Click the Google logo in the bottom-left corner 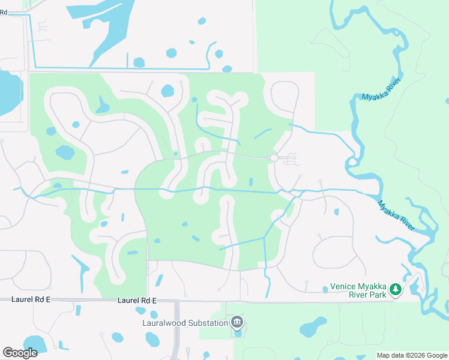tap(20, 353)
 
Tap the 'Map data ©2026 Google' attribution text tap(412, 355)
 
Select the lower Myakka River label tap(396, 215)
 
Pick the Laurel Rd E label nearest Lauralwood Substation tap(137, 300)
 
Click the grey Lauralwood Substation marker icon tap(238, 323)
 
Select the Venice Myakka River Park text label tap(358, 290)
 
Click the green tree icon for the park tap(395, 290)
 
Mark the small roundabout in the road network tap(273, 158)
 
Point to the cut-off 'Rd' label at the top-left tap(4, 12)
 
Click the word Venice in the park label tap(342, 286)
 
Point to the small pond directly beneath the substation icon tap(238, 333)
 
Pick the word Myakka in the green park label tap(371, 286)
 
